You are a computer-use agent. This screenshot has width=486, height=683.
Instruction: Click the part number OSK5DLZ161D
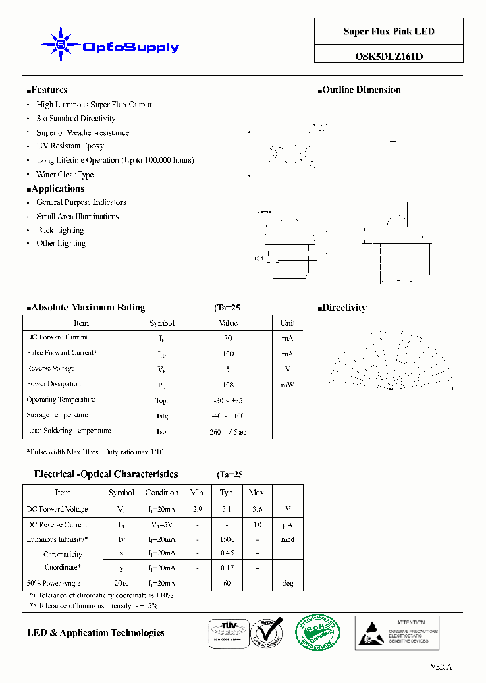389,57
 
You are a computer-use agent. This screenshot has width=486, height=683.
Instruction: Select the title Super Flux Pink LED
389,32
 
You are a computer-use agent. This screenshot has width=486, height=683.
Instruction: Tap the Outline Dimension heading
361,90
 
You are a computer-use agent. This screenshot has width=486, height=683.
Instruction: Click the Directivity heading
344,308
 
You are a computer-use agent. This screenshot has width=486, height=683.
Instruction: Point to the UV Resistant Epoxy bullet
70,146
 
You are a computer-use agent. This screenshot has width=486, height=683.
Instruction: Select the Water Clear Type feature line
65,175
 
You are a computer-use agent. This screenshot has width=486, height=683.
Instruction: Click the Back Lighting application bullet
60,231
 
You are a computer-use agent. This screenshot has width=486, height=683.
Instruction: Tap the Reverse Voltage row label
51,369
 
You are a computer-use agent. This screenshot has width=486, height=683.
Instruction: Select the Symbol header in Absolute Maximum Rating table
162,323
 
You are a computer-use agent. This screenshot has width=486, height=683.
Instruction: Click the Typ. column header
227,493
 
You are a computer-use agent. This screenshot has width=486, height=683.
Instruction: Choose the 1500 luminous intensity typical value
227,540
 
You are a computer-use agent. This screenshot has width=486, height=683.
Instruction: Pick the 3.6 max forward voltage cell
256,510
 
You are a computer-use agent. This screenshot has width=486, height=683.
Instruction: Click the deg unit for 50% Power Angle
288,584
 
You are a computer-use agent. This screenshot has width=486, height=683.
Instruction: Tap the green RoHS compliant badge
318,632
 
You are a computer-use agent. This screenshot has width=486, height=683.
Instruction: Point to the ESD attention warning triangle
372,633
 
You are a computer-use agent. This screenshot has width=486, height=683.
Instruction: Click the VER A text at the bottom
441,667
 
